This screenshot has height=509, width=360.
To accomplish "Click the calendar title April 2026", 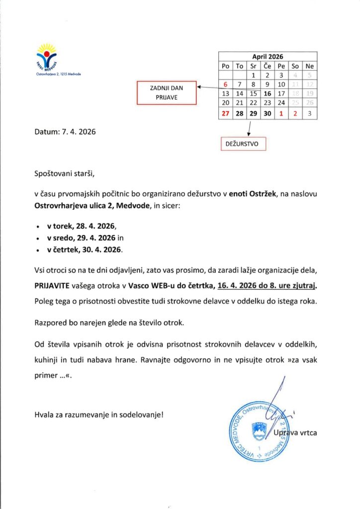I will [x=267, y=57].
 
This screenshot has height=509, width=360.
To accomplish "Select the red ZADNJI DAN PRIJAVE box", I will [x=167, y=93].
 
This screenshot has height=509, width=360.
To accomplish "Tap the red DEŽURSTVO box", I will [x=243, y=144].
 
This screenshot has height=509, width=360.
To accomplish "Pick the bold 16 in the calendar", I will [x=267, y=93].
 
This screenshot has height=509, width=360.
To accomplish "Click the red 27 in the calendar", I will [x=225, y=113].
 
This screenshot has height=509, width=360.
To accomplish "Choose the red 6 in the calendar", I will [x=225, y=85].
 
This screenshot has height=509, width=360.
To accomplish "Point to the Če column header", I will [x=267, y=66].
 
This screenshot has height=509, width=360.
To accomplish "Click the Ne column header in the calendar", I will [x=309, y=66].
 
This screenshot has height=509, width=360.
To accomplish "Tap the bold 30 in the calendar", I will [x=267, y=113].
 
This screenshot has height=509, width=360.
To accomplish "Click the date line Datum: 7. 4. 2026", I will [x=65, y=132].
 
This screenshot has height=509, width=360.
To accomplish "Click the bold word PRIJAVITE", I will [x=54, y=286].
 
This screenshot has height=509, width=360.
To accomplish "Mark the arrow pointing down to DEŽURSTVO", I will [x=249, y=128].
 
